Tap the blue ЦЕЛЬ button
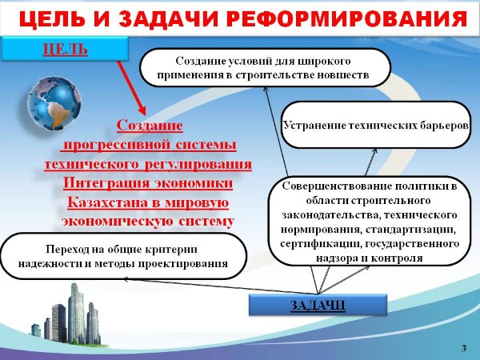[64, 48]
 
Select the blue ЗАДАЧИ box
[318, 305]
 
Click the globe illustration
[54, 103]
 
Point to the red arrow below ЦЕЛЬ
[131, 88]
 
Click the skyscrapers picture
[67, 314]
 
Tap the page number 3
[464, 348]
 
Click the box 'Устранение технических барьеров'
[376, 126]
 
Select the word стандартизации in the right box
[410, 230]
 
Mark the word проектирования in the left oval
[182, 263]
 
